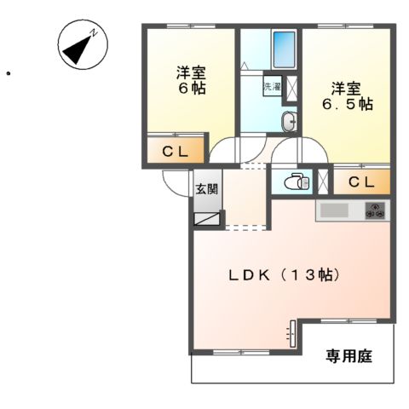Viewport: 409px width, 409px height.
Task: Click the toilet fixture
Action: click(294, 181)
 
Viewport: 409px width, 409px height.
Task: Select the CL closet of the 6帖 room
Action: click(176, 153)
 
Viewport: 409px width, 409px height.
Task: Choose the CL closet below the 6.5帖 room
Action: click(360, 181)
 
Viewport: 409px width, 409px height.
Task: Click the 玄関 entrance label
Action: click(207, 189)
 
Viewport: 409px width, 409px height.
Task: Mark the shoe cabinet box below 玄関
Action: click(207, 218)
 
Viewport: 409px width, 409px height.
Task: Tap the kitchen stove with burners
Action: click(376, 210)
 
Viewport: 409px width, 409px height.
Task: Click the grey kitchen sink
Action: click(333, 210)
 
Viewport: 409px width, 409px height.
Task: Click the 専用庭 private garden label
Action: click(349, 357)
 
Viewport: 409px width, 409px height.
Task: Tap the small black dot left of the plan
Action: click(8, 74)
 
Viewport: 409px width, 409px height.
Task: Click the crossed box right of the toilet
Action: click(323, 181)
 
